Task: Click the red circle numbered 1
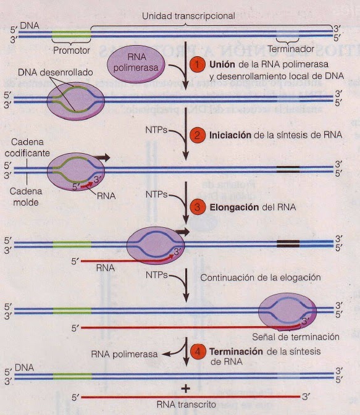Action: pyautogui.click(x=196, y=64)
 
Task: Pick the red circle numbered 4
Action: pyautogui.click(x=196, y=352)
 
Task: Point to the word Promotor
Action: pyautogui.click(x=72, y=49)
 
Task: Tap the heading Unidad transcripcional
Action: pyautogui.click(x=188, y=16)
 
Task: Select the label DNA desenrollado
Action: pyautogui.click(x=56, y=72)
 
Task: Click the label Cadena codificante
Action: pyautogui.click(x=22, y=148)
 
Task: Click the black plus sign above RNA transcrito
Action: pyautogui.click(x=185, y=388)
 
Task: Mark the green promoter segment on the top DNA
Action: pyautogui.click(x=71, y=32)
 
